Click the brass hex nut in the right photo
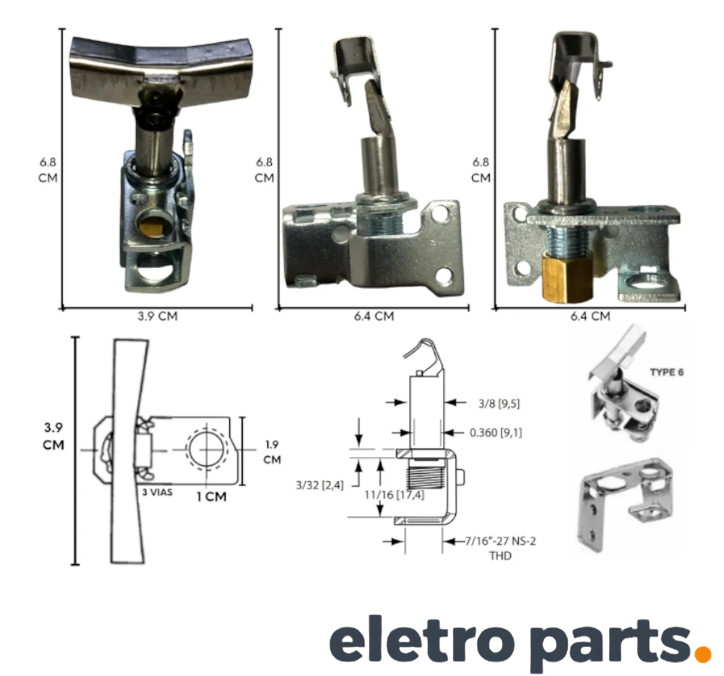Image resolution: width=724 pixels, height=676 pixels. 566,279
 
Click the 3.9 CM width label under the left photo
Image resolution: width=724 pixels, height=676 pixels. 158,316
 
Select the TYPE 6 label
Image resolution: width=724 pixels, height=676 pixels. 667,372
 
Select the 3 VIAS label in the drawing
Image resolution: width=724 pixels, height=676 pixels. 158,493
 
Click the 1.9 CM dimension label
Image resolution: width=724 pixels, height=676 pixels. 272,452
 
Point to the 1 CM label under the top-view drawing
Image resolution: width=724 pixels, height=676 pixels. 212,497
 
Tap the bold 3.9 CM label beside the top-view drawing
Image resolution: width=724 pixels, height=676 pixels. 54,435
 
